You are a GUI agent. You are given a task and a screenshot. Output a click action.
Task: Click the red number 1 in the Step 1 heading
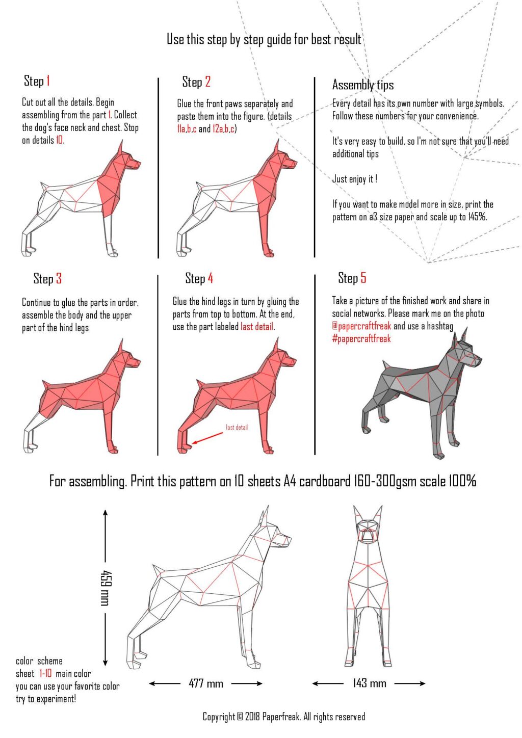48,81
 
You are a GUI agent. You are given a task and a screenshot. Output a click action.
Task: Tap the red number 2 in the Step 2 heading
207,82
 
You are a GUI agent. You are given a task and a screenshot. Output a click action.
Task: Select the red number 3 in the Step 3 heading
59,279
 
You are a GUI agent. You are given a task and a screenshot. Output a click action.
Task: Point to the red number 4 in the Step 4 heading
210,278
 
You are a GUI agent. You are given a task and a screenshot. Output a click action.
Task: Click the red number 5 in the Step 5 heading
363,278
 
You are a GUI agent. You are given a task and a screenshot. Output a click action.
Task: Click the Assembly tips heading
363,85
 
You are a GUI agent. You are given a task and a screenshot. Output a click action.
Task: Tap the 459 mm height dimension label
106,588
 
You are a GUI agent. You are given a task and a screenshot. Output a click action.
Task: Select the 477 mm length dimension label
206,683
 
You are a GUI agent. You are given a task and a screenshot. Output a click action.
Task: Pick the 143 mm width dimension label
369,683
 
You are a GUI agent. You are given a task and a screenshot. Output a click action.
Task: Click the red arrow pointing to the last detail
207,438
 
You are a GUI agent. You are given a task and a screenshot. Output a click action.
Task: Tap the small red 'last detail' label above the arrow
237,427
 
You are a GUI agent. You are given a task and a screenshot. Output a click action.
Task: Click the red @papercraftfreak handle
361,326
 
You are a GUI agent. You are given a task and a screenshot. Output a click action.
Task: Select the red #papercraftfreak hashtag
361,339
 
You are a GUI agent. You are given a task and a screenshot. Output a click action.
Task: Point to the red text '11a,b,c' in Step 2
187,129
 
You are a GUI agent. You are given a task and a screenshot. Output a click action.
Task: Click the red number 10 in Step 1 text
59,140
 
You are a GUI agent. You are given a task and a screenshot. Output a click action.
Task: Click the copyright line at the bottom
284,717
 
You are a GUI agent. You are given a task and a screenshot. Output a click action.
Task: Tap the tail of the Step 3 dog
46,384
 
